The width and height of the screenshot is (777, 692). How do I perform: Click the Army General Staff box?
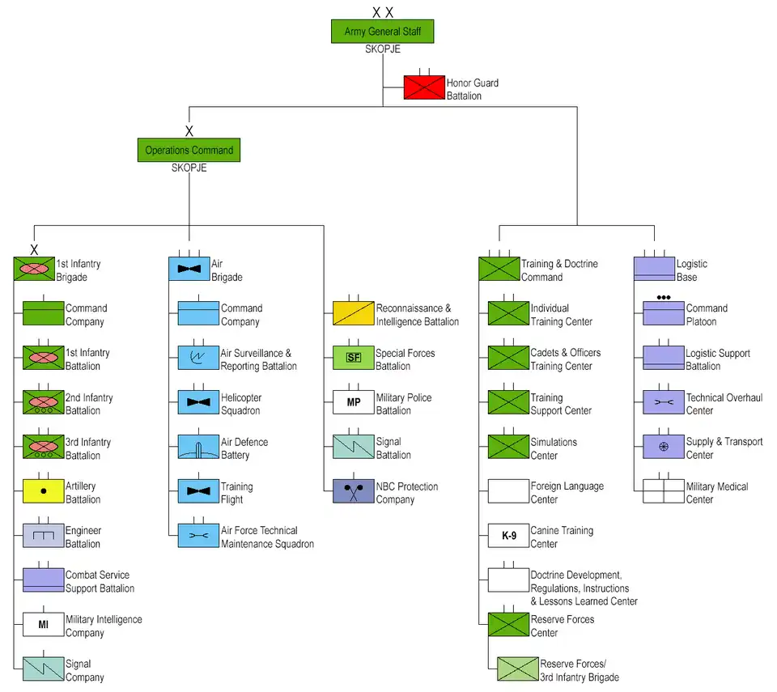(383, 32)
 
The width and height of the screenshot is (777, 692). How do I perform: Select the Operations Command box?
(189, 150)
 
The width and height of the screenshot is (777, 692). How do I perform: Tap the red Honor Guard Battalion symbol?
(425, 87)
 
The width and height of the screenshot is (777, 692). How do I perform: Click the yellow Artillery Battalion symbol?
(43, 490)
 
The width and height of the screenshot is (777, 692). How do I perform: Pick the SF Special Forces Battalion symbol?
(354, 358)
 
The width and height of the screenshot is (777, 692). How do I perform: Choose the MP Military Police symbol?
(354, 402)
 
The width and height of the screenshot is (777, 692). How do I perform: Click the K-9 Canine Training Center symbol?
(508, 536)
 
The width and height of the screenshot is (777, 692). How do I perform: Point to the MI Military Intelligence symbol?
(43, 624)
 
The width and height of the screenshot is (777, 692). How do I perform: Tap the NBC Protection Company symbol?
(354, 491)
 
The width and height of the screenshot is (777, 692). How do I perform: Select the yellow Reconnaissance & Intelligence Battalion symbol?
(354, 313)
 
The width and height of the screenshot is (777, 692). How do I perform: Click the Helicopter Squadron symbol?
(198, 402)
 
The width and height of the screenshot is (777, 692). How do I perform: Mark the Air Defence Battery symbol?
(198, 447)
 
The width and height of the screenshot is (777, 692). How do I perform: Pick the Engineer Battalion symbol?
(43, 535)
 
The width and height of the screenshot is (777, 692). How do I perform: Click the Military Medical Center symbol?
(664, 491)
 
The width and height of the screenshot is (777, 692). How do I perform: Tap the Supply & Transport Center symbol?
(664, 447)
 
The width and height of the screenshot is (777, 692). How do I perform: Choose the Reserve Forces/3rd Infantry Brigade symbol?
(518, 669)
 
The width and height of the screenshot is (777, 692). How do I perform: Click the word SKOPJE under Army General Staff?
(383, 49)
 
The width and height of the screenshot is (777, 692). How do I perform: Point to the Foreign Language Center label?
(567, 493)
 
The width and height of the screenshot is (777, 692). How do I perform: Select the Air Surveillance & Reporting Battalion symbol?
(198, 358)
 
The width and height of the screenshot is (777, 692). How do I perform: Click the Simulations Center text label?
(554, 448)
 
